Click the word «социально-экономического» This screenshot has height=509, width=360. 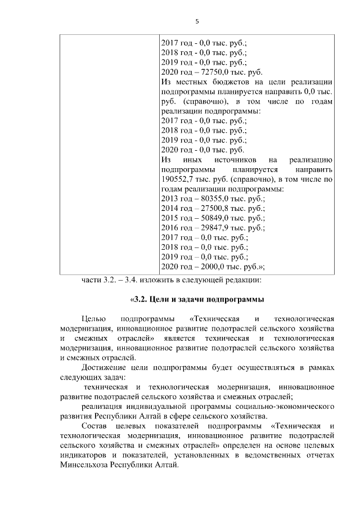coord(283,407)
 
